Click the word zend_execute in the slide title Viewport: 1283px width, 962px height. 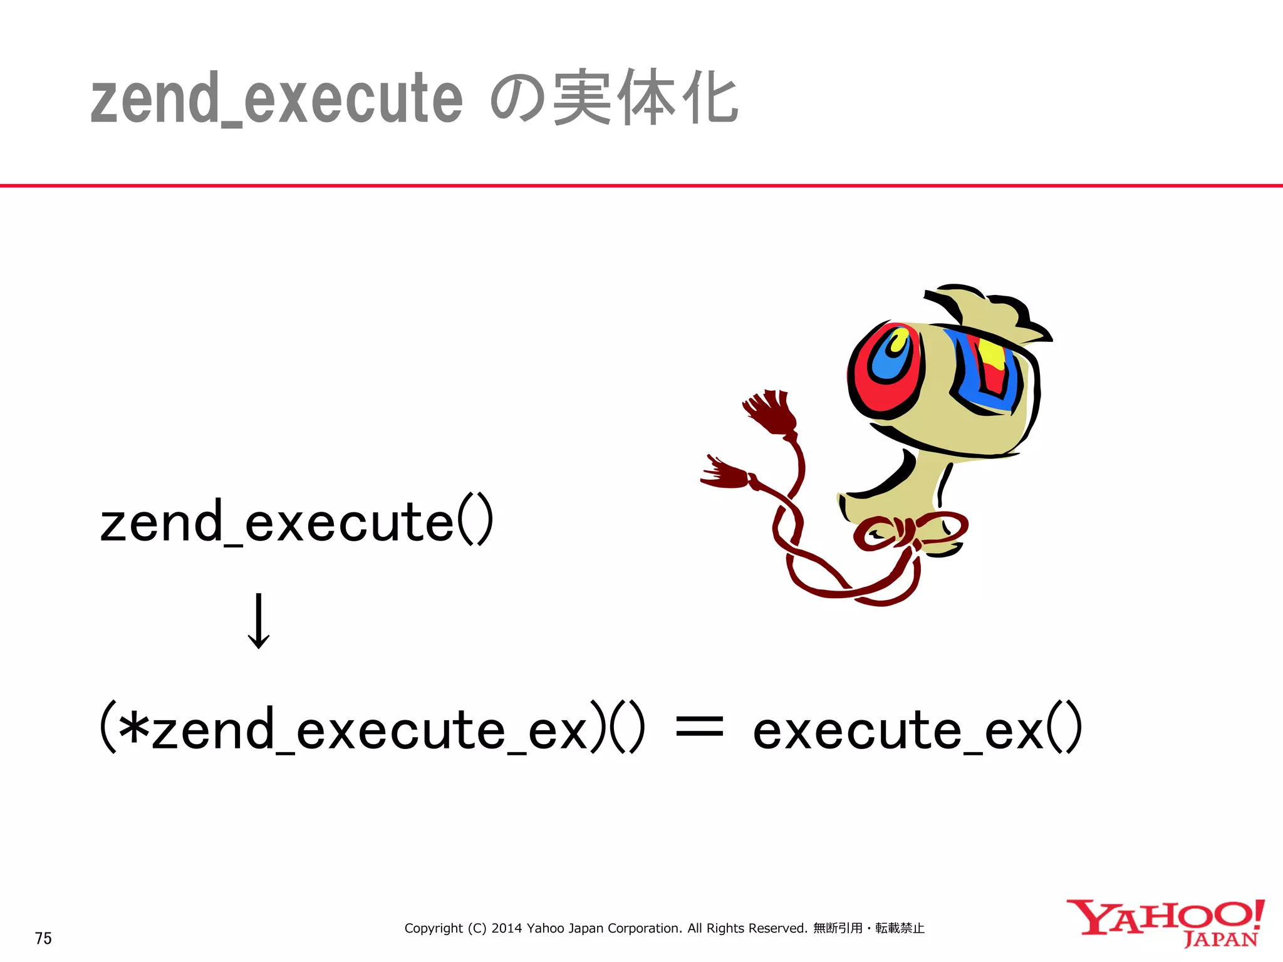point(276,99)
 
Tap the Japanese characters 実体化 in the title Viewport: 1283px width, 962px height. point(645,98)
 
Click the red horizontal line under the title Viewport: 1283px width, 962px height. point(641,185)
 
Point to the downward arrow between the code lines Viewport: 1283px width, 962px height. point(259,621)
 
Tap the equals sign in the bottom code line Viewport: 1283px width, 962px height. point(700,728)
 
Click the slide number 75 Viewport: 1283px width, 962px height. point(43,938)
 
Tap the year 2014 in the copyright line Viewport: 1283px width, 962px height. point(506,928)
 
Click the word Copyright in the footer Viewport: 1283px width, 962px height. point(434,928)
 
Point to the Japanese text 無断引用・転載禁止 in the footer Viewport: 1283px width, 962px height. point(868,928)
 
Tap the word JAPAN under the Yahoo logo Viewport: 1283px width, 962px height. point(1220,939)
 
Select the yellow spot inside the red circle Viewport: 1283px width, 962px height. point(900,342)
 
